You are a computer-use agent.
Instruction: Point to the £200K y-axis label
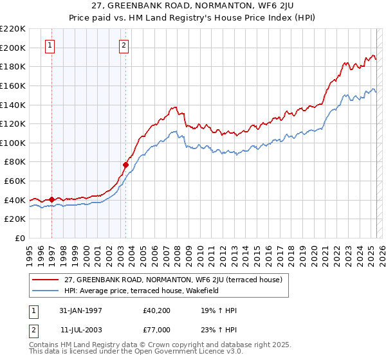pos(13,48)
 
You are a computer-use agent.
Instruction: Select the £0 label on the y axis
pos(20,238)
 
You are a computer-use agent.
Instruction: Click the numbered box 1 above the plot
pos(50,45)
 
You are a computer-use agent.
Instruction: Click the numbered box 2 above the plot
pos(124,45)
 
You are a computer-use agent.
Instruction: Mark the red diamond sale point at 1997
pos(51,200)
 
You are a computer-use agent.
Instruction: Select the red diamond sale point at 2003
pos(125,165)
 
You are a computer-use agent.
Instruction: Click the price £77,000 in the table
pos(156,329)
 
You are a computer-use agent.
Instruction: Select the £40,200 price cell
pos(156,310)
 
